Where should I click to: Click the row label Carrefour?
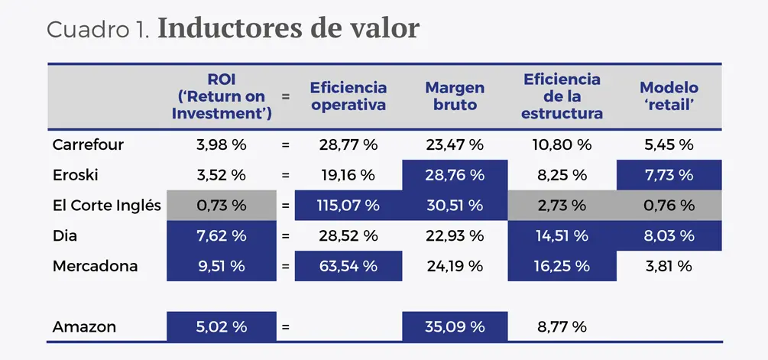coord(88,144)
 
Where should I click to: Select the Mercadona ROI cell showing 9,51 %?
coord(221,266)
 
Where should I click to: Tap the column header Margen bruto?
coord(455,96)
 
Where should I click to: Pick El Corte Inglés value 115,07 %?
coord(348,205)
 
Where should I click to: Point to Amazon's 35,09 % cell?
coord(455,326)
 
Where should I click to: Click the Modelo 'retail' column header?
coord(669,96)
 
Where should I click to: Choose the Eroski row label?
coord(76,174)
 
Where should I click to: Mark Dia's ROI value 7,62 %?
coord(221,235)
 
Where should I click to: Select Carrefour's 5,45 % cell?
coord(669,144)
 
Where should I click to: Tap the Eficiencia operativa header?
coord(348,96)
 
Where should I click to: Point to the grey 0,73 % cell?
coord(221,205)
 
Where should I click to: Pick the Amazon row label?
coord(84,326)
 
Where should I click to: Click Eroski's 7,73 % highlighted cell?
coord(669,174)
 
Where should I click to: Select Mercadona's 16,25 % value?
coord(562,266)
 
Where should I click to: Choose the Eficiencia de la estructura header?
coord(562,96)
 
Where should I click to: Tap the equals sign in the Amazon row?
coord(286,326)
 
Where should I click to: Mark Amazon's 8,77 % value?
coord(562,326)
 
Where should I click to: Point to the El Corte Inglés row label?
coord(106,205)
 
